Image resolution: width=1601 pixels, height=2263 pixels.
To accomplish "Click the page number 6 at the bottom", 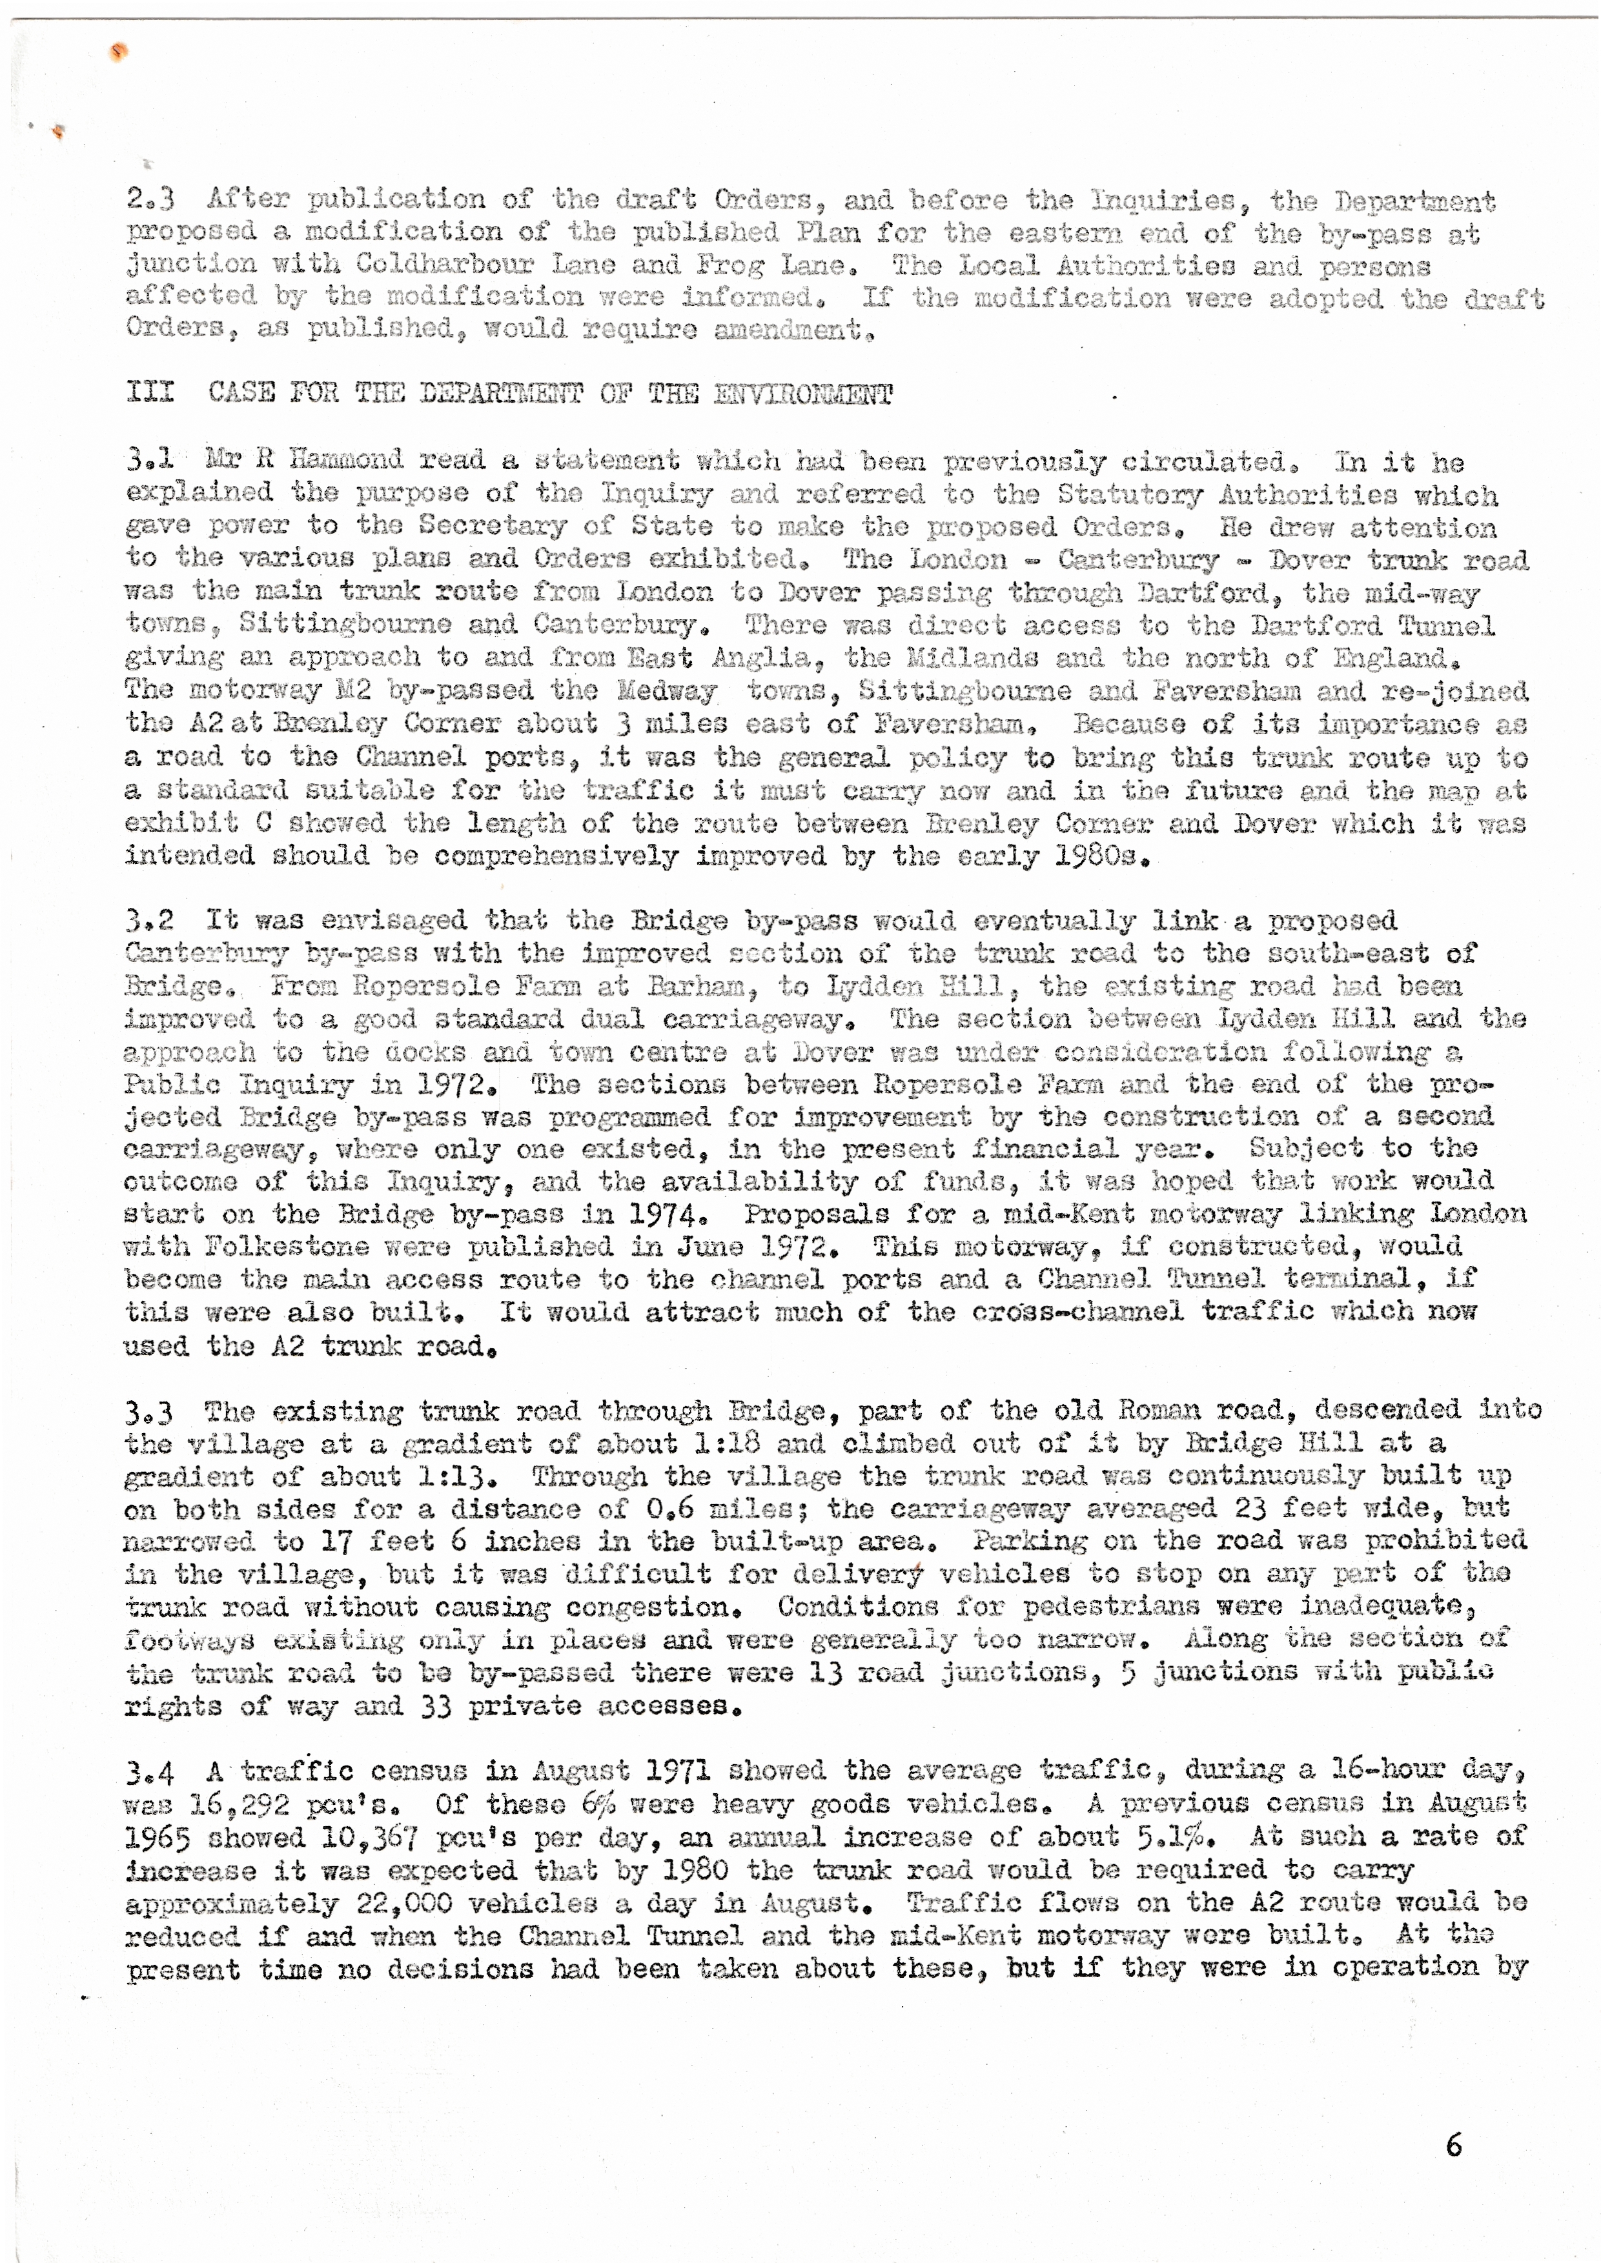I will coord(1453,2146).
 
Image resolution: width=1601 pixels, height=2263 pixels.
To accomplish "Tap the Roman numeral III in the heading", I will coord(150,392).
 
